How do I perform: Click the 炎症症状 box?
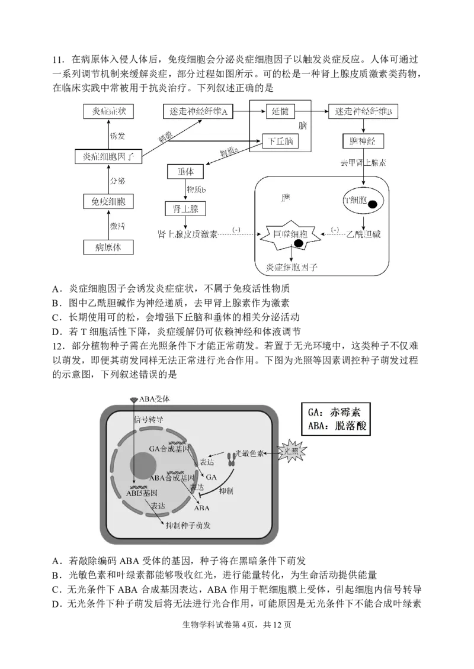pyautogui.click(x=109, y=111)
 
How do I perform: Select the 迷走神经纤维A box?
pyautogui.click(x=196, y=111)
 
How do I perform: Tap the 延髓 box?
pyautogui.click(x=280, y=111)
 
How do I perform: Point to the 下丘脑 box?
pyautogui.click(x=280, y=141)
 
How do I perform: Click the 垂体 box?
pyautogui.click(x=185, y=172)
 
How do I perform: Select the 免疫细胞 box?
pyautogui.click(x=108, y=202)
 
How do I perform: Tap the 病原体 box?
pyautogui.click(x=108, y=247)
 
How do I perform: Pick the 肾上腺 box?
pyautogui.click(x=185, y=208)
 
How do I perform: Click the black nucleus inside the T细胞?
pyautogui.click(x=373, y=205)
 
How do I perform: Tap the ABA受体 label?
pyautogui.click(x=155, y=399)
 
